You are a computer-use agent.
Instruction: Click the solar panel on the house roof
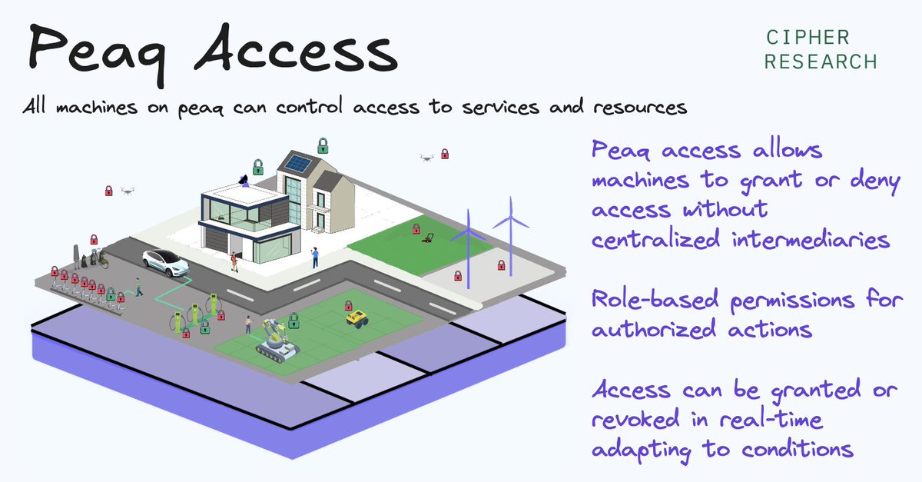point(299,165)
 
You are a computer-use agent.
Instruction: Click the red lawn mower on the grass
point(425,238)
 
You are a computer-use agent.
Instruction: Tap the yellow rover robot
point(356,317)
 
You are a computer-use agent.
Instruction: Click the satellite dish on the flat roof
point(244,181)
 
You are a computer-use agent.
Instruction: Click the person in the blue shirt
point(315,257)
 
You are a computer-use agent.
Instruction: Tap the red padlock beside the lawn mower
point(416,228)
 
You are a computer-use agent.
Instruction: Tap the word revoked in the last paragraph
point(639,421)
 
